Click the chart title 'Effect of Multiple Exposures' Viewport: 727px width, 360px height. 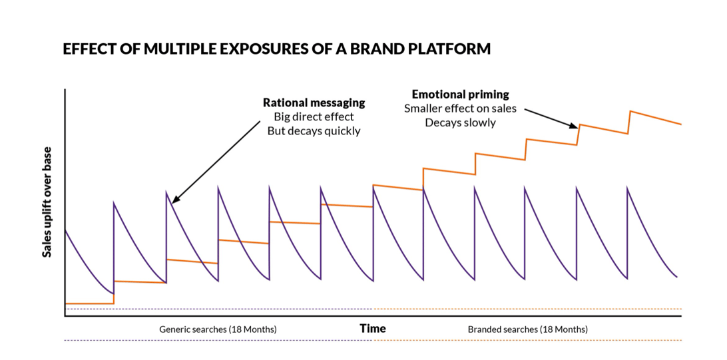click(x=276, y=49)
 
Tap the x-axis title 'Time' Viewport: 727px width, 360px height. click(x=372, y=328)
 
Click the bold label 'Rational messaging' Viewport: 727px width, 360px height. click(x=314, y=102)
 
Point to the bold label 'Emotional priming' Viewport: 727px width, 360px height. click(x=460, y=94)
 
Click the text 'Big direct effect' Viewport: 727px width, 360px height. click(x=314, y=116)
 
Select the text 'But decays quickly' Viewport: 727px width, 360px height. click(x=314, y=130)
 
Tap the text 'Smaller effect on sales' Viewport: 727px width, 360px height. click(x=460, y=108)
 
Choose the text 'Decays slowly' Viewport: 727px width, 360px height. click(x=460, y=122)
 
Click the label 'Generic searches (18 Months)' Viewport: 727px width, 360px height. click(x=218, y=329)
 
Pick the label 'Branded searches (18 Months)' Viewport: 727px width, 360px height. click(x=527, y=329)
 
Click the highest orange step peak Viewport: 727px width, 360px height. click(x=630, y=111)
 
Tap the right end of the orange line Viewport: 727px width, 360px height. click(x=680, y=124)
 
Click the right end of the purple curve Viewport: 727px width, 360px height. click(x=677, y=276)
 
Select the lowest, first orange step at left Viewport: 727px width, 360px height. click(x=89, y=303)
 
